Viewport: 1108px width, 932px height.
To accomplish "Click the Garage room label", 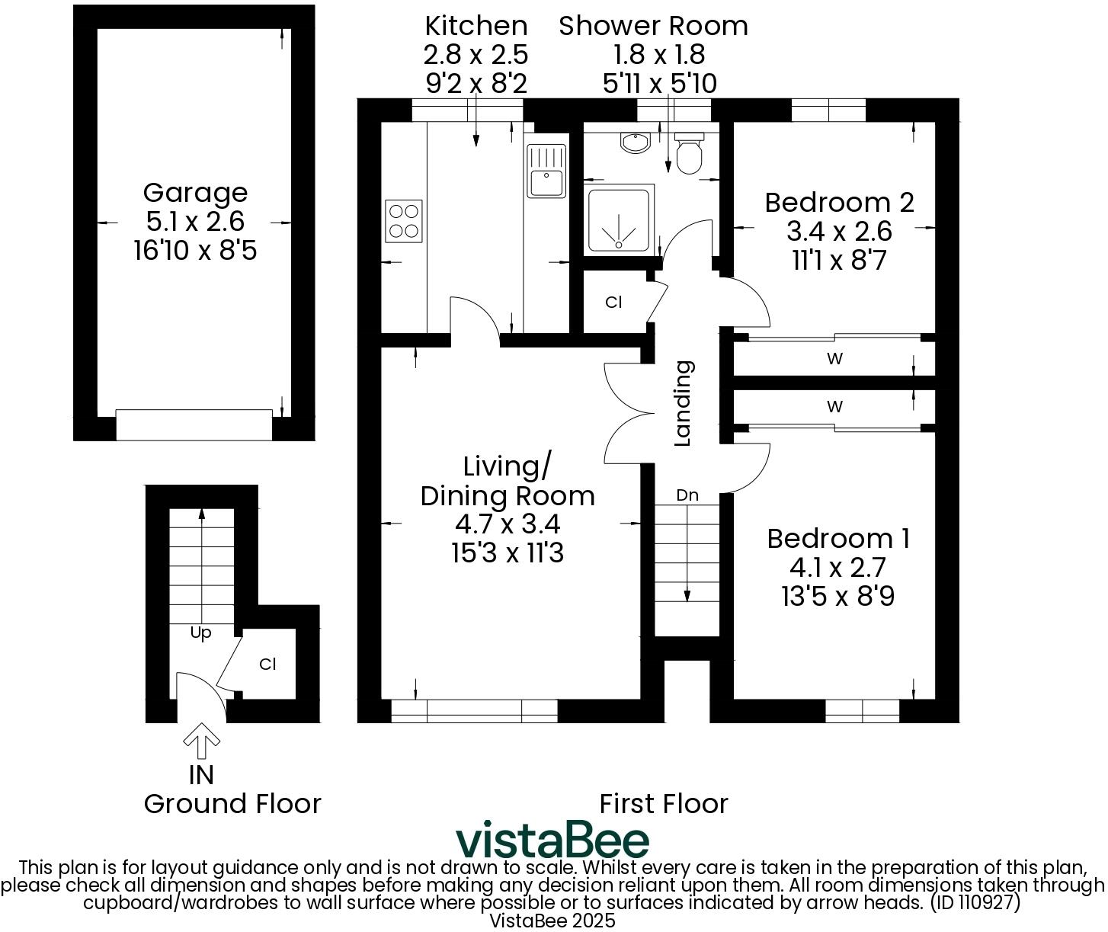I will point(195,193).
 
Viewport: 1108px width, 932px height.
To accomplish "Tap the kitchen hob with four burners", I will point(403,221).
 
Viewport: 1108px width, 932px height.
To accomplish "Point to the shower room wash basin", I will point(634,143).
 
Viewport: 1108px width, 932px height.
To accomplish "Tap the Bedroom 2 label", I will point(839,203).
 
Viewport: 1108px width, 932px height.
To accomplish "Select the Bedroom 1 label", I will point(838,539).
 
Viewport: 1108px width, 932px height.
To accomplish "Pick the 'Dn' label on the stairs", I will point(687,495).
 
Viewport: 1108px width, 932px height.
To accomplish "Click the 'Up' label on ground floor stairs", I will point(200,633).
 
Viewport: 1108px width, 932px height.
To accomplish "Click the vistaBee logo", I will point(552,841).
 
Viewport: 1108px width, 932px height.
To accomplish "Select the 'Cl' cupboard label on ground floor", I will point(267,665).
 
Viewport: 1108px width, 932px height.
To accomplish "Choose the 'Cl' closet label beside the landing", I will point(613,303).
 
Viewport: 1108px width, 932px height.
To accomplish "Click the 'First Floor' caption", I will point(663,804).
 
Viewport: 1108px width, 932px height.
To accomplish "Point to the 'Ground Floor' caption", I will point(232,804).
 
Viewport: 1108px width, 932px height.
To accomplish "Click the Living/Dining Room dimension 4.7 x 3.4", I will point(507,524).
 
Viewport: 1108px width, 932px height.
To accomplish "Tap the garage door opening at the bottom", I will point(194,424).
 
